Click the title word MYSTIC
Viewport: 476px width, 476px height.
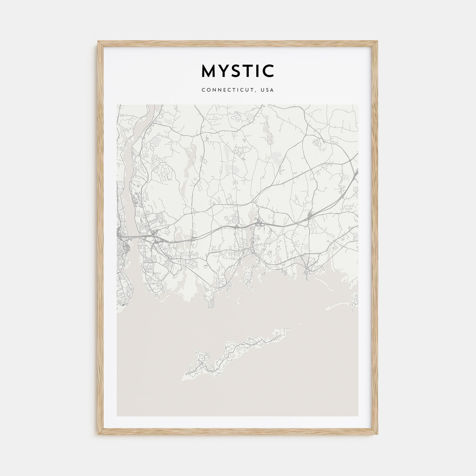(x=238, y=71)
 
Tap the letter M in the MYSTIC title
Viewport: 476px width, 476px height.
(x=208, y=71)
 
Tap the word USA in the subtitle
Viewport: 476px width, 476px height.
(x=268, y=90)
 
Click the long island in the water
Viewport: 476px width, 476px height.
(x=235, y=354)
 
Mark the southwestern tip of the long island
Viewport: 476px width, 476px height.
(x=185, y=377)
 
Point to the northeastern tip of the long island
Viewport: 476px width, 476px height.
(x=290, y=328)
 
